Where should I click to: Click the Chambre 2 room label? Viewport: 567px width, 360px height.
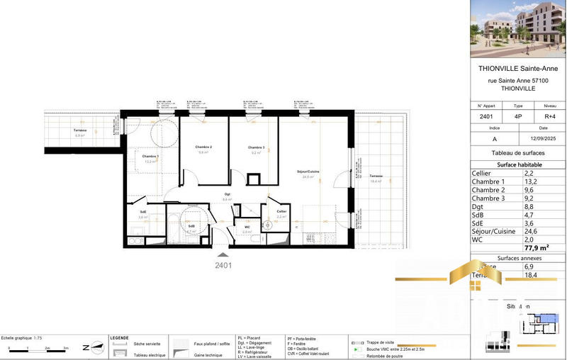pos(204,147)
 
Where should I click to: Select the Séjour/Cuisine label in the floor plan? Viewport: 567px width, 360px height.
pos(308,172)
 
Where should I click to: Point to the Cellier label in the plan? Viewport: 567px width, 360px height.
pos(281,211)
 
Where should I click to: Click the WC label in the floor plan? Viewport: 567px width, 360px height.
pos(247,226)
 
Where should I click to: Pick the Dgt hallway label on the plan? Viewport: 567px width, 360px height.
pos(228,194)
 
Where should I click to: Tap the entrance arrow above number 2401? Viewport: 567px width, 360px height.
pos(223,254)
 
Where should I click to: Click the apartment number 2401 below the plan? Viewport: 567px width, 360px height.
pos(223,266)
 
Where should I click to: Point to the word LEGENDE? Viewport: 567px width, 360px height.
pos(119,338)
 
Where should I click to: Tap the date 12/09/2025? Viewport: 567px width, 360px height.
pos(544,139)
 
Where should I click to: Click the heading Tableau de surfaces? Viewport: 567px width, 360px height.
pos(518,153)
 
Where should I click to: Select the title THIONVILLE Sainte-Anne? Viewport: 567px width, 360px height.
pos(518,69)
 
